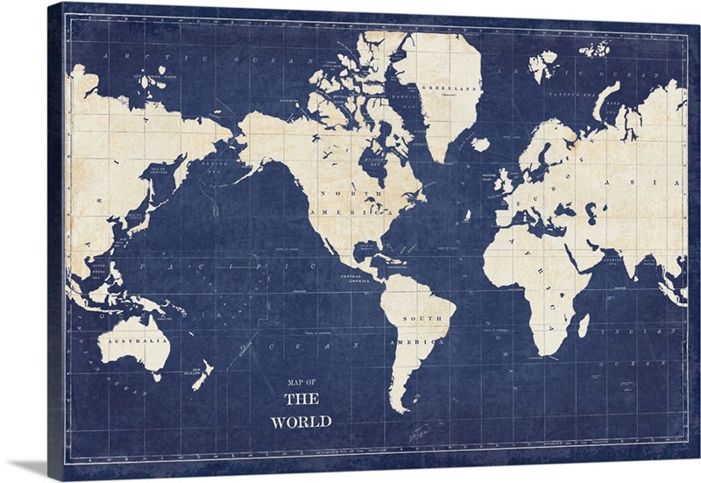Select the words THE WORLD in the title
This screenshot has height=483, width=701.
click(301, 410)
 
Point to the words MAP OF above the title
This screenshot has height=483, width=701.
click(301, 382)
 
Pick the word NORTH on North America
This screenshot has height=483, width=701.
click(338, 192)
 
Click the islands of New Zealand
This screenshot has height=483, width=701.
click(201, 375)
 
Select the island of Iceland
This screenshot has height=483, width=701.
click(480, 144)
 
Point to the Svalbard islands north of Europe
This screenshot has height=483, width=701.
click(542, 64)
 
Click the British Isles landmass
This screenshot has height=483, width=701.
click(502, 182)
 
